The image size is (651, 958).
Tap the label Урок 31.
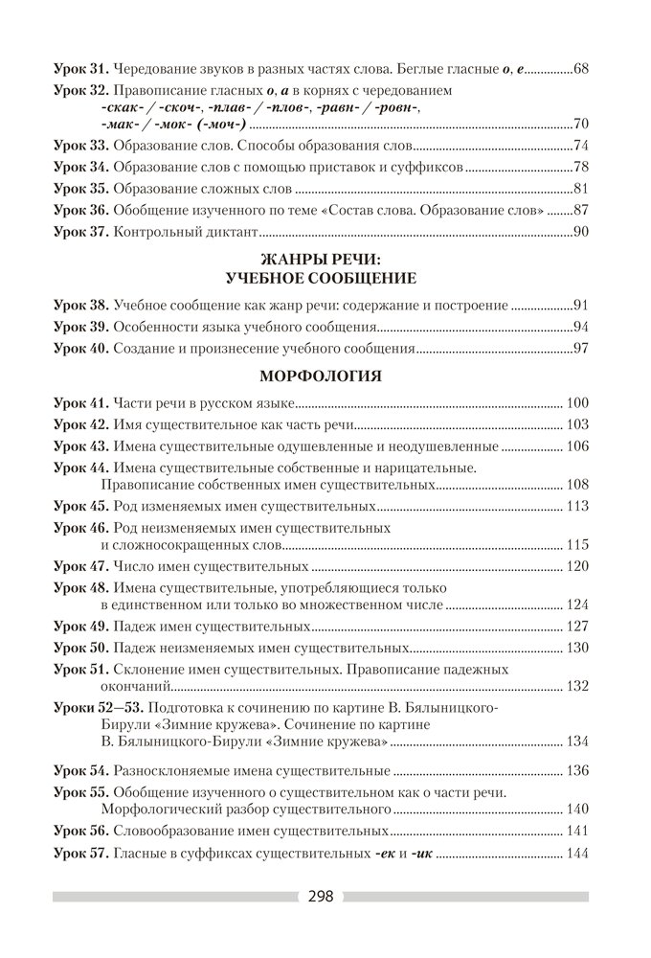click(x=80, y=70)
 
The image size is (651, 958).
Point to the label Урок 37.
click(x=80, y=231)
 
